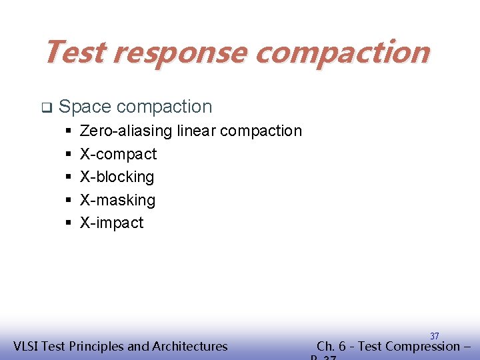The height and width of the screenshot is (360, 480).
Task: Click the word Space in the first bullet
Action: coord(85,107)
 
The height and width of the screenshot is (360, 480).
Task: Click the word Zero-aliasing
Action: coord(126,131)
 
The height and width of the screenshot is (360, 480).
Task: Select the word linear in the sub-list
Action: coord(196,131)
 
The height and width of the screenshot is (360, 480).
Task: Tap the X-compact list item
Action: coord(118,154)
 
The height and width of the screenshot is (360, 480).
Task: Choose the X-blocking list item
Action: coord(117,177)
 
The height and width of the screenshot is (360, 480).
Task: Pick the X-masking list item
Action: coord(117,200)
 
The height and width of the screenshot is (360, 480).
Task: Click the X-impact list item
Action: coord(111,223)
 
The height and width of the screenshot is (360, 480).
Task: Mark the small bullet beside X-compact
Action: coord(69,154)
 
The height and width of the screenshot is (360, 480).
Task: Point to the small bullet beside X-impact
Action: coord(69,223)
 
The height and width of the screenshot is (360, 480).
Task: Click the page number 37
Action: coord(434,336)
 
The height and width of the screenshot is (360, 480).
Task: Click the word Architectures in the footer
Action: coord(189,346)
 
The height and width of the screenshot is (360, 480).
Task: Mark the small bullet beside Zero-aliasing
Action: coord(69,131)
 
